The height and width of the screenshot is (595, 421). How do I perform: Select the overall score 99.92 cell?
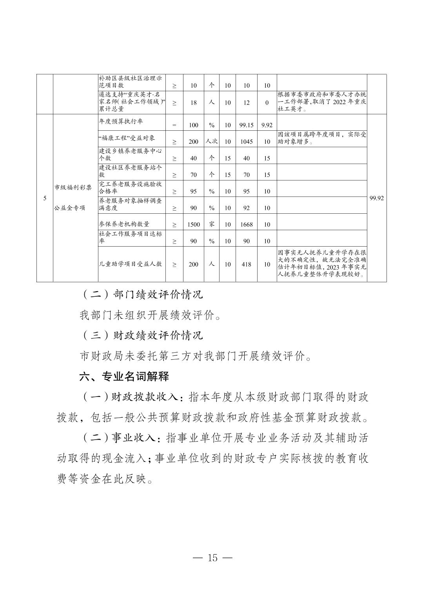coord(376,198)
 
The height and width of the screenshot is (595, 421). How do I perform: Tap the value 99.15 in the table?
coord(246,125)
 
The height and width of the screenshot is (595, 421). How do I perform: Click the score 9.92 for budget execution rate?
coord(267,125)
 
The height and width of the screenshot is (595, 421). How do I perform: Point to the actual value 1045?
coord(246,142)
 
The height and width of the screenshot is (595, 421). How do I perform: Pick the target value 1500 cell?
coord(194,224)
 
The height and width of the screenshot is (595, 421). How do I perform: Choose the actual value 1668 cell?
coord(246,224)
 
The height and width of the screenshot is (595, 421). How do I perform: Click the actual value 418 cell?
coord(246,264)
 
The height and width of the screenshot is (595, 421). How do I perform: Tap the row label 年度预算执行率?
coord(121,121)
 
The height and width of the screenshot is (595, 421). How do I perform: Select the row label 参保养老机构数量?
coord(124,224)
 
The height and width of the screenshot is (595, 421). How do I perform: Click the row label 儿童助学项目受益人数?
coord(130,264)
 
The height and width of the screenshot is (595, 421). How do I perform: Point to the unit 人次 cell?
coord(212,141)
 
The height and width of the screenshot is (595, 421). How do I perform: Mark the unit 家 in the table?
coord(212,224)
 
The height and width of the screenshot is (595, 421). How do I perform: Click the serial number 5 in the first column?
coord(45,198)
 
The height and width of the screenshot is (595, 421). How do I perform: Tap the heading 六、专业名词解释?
coord(124,377)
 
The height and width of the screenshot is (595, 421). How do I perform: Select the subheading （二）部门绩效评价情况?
coord(143,294)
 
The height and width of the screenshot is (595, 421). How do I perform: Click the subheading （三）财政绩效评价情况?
coord(143,335)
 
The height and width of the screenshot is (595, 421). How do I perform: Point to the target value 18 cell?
coord(194,103)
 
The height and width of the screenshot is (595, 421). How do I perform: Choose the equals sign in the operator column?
coord(174,125)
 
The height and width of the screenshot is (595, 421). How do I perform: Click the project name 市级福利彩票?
coord(73,188)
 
